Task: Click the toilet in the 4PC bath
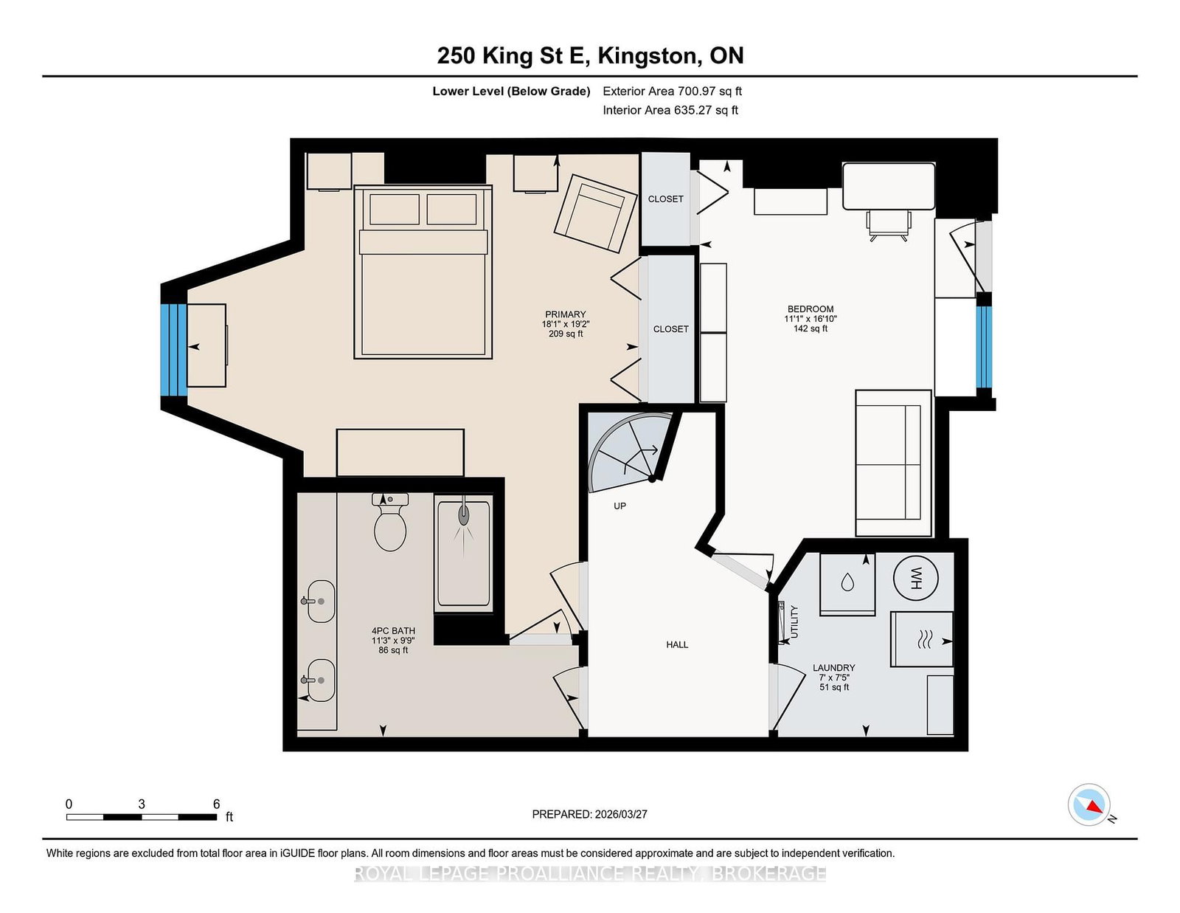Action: coord(390,522)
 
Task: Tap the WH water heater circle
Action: coord(915,578)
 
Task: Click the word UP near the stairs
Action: coord(619,506)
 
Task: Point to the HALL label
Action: coord(677,644)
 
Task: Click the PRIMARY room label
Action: coord(565,314)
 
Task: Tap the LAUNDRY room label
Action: coord(833,667)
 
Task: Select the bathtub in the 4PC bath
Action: coord(464,554)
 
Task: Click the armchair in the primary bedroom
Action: coord(595,213)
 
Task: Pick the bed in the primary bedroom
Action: coord(423,272)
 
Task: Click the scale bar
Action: coord(142,817)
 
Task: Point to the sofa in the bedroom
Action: coord(893,463)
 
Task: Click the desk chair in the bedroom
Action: coord(889,225)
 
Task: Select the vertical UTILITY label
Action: coord(794,621)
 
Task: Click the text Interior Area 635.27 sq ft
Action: coord(670,110)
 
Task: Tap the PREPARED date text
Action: coord(590,814)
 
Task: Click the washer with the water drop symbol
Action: coord(847,585)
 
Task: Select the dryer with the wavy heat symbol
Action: coord(922,639)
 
